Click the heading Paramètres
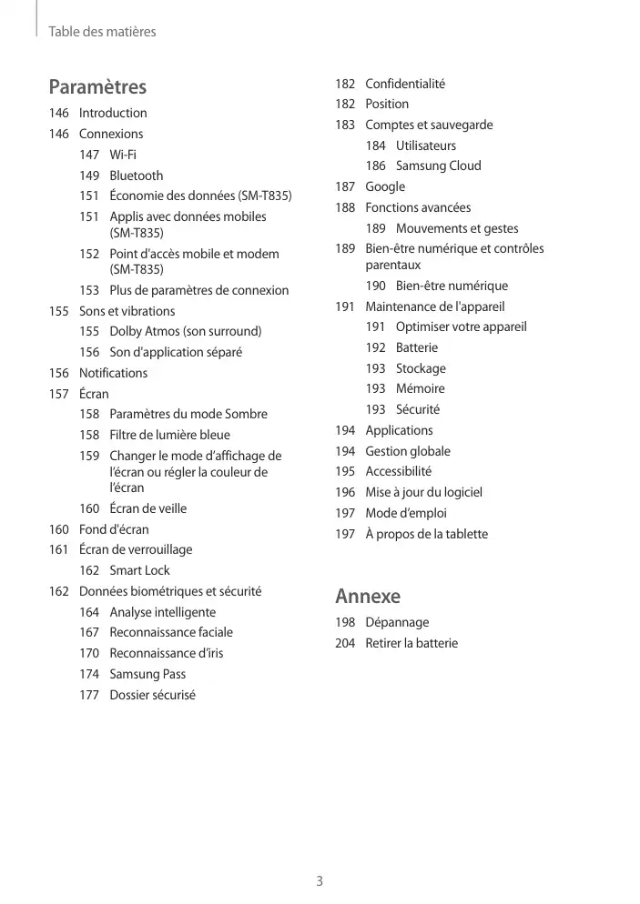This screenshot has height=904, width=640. click(x=97, y=87)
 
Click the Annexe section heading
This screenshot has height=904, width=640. click(x=368, y=597)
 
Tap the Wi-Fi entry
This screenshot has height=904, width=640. click(x=123, y=155)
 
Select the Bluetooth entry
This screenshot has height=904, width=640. click(x=137, y=176)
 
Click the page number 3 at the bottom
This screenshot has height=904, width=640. click(x=320, y=880)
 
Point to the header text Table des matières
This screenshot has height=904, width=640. click(x=102, y=32)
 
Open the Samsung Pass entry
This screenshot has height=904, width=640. click(x=147, y=674)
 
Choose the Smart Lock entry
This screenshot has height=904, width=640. click(x=139, y=570)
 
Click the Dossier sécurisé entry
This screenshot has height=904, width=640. click(x=152, y=695)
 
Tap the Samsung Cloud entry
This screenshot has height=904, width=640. click(x=438, y=166)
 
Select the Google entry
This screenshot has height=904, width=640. click(x=385, y=186)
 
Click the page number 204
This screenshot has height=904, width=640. click(x=345, y=643)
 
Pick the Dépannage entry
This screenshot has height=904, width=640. click(x=397, y=622)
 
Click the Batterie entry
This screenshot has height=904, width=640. click(x=416, y=347)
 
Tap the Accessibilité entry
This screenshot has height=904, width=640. click(x=399, y=471)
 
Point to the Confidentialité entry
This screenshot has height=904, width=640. click(x=405, y=84)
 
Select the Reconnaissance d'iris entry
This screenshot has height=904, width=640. click(x=166, y=653)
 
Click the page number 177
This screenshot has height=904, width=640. click(x=89, y=695)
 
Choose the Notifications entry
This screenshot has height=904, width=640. click(x=113, y=373)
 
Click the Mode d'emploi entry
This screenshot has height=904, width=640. click(x=406, y=513)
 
